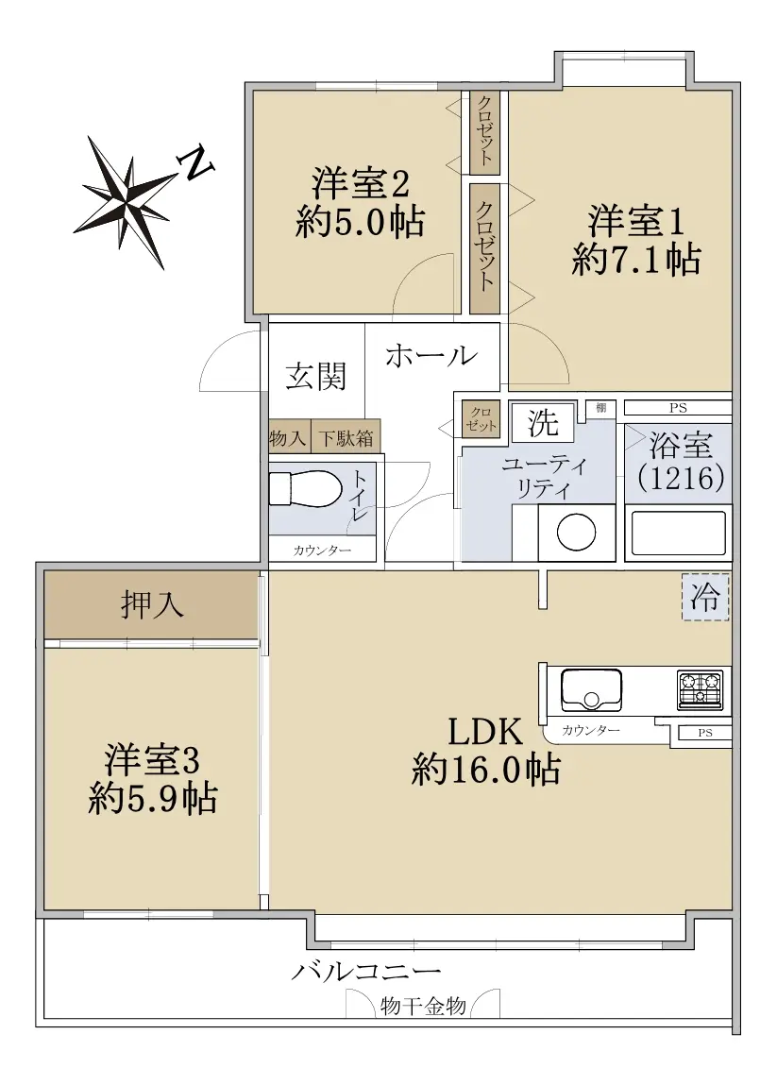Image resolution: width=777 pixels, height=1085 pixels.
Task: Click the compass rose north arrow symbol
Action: click(x=125, y=201)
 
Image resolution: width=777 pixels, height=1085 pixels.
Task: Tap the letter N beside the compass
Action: click(x=196, y=163)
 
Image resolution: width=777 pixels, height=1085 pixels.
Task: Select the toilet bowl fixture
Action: click(x=305, y=489)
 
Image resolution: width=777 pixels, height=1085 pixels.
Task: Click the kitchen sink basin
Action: click(x=590, y=689)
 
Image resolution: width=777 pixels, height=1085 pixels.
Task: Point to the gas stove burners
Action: click(x=701, y=689)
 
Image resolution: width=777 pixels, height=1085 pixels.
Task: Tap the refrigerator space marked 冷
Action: click(x=705, y=597)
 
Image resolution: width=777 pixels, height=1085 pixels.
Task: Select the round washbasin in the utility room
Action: click(x=576, y=533)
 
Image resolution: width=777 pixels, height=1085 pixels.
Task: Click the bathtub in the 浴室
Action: click(x=678, y=533)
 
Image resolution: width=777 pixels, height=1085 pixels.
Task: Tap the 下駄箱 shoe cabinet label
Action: click(x=346, y=438)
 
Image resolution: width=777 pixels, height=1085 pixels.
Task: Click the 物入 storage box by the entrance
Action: click(x=289, y=438)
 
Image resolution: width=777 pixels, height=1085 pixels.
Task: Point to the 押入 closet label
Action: click(x=152, y=604)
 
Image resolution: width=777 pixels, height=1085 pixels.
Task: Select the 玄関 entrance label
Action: click(x=315, y=377)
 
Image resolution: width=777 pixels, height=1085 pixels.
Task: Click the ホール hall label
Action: click(x=431, y=356)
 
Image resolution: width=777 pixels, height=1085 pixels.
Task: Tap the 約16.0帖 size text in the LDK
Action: click(x=485, y=768)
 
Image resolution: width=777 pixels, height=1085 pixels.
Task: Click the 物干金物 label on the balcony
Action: click(x=423, y=1006)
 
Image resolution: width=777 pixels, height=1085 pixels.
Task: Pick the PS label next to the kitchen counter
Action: click(x=705, y=732)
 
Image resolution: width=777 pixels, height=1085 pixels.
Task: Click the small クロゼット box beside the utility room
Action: click(x=481, y=419)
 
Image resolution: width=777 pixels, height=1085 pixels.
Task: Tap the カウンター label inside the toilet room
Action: click(x=322, y=551)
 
